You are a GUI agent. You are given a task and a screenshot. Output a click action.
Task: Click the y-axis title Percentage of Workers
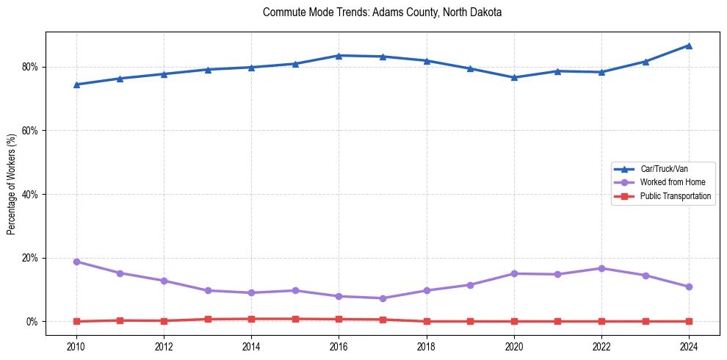(x=12, y=184)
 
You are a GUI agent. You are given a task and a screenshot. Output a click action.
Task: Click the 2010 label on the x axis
(x=76, y=345)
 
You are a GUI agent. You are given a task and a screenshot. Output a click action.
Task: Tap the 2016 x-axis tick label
(x=339, y=345)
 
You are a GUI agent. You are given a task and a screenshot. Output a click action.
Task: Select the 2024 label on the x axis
(x=689, y=345)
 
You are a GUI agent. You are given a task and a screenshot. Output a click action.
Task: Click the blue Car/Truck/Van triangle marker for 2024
(x=689, y=46)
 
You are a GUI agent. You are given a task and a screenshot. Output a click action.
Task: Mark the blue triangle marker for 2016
(x=339, y=55)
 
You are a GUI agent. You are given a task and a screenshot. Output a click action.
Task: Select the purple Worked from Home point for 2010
(x=76, y=262)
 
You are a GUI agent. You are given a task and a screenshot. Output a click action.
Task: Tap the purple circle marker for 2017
(x=383, y=298)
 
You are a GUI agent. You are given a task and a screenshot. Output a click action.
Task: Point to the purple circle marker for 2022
(x=601, y=268)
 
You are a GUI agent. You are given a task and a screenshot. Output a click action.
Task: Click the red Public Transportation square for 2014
(x=251, y=319)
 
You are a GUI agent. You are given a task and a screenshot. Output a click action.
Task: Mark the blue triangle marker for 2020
(x=514, y=77)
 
